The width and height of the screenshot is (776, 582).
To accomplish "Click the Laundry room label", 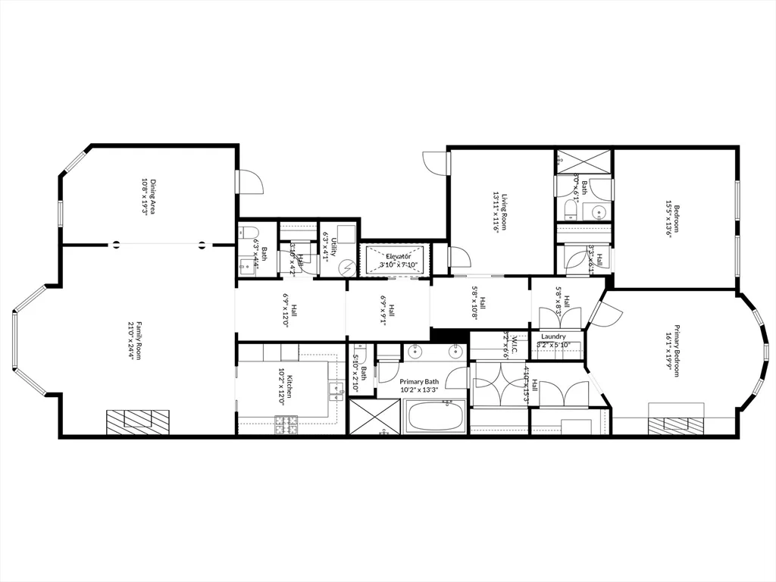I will point(554,336).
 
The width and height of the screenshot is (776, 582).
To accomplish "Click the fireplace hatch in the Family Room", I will point(137,421).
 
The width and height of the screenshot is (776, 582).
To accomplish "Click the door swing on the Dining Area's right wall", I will point(250,182).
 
